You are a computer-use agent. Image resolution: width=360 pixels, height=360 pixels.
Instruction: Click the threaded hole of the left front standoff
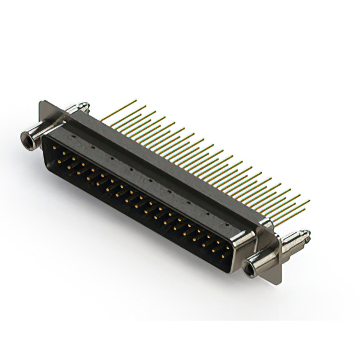pyautogui.click(x=25, y=136)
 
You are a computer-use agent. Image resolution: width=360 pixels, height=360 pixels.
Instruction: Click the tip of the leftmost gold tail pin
pyautogui.click(x=136, y=101)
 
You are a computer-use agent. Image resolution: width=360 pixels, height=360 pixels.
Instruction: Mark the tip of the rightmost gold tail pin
pyautogui.click(x=309, y=200)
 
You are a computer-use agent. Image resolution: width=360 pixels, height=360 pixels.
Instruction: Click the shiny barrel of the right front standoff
pyautogui.click(x=259, y=260)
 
